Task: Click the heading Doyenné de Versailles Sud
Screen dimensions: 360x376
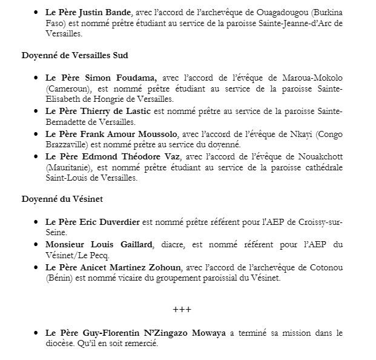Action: coord(74,56)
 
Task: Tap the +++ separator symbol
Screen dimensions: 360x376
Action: coord(182,309)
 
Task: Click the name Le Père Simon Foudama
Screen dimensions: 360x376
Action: coord(101,78)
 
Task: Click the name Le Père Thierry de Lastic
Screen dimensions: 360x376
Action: coord(99,112)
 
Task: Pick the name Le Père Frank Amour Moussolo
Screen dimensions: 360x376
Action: coord(111,134)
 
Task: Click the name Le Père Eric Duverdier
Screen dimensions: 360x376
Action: coord(93,222)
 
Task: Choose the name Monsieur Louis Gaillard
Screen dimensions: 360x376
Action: coord(99,244)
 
